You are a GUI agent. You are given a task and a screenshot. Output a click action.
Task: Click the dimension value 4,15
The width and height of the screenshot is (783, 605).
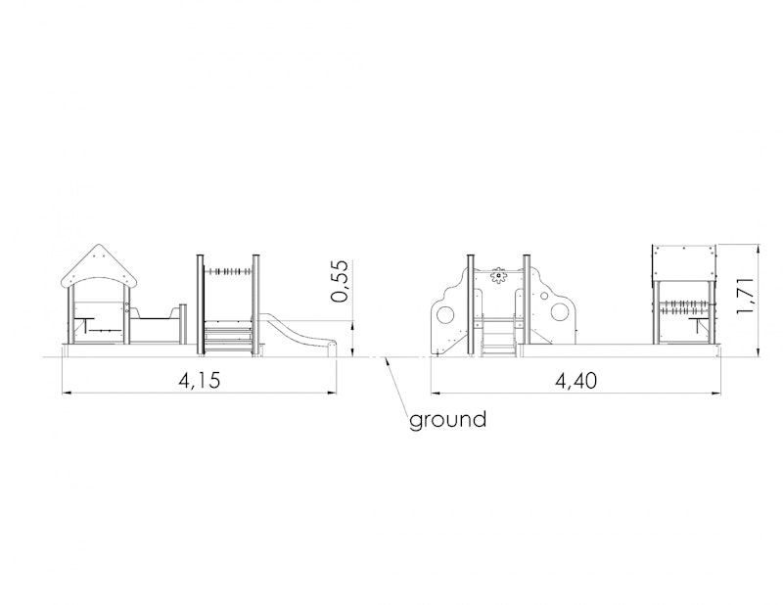pos(200,381)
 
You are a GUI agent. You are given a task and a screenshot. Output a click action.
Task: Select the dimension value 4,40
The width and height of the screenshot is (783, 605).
pos(576,381)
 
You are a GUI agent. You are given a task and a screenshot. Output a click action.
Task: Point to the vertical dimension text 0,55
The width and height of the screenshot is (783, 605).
pos(339,281)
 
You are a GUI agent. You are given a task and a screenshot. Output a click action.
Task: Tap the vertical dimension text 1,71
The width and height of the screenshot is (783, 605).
pos(745,295)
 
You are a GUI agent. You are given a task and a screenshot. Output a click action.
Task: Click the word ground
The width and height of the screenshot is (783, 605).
pos(447,420)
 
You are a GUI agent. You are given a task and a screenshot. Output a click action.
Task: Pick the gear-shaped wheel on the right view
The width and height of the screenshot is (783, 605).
pos(498,275)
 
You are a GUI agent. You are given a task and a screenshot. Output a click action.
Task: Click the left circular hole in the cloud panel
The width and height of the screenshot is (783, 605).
pos(446,315)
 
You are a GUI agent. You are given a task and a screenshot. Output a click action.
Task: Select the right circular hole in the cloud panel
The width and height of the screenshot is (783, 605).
pos(559,312)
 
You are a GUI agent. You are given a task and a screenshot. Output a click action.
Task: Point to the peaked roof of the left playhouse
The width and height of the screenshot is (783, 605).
pos(100,266)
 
